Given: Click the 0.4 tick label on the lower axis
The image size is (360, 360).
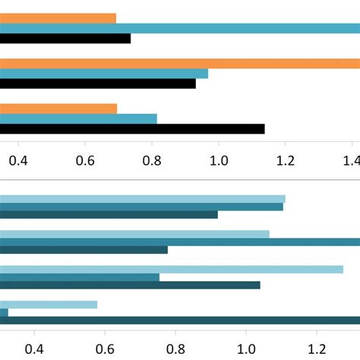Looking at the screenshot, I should click(x=34, y=349).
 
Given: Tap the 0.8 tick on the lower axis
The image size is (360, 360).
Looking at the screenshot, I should click(x=176, y=349).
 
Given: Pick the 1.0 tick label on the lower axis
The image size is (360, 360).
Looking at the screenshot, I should click(x=247, y=349).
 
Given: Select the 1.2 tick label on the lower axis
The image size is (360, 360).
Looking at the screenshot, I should click(x=317, y=349).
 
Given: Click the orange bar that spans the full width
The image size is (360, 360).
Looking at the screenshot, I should click(x=180, y=64).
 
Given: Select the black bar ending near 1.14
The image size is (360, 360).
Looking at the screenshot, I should click(x=132, y=129).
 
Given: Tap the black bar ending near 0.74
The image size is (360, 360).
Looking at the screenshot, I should click(x=65, y=39).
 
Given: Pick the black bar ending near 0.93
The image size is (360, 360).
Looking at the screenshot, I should click(x=98, y=84).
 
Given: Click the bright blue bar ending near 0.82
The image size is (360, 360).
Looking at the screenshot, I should click(x=78, y=118).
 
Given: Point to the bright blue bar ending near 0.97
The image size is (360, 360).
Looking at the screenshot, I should click(x=104, y=74).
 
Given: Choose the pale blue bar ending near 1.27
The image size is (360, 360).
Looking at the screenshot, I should click(x=172, y=269).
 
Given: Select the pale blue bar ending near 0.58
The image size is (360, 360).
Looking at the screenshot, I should click(x=49, y=305).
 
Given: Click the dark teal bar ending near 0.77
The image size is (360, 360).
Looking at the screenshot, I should click(x=84, y=250).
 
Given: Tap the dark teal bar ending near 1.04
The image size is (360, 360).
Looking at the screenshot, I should click(x=130, y=286).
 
